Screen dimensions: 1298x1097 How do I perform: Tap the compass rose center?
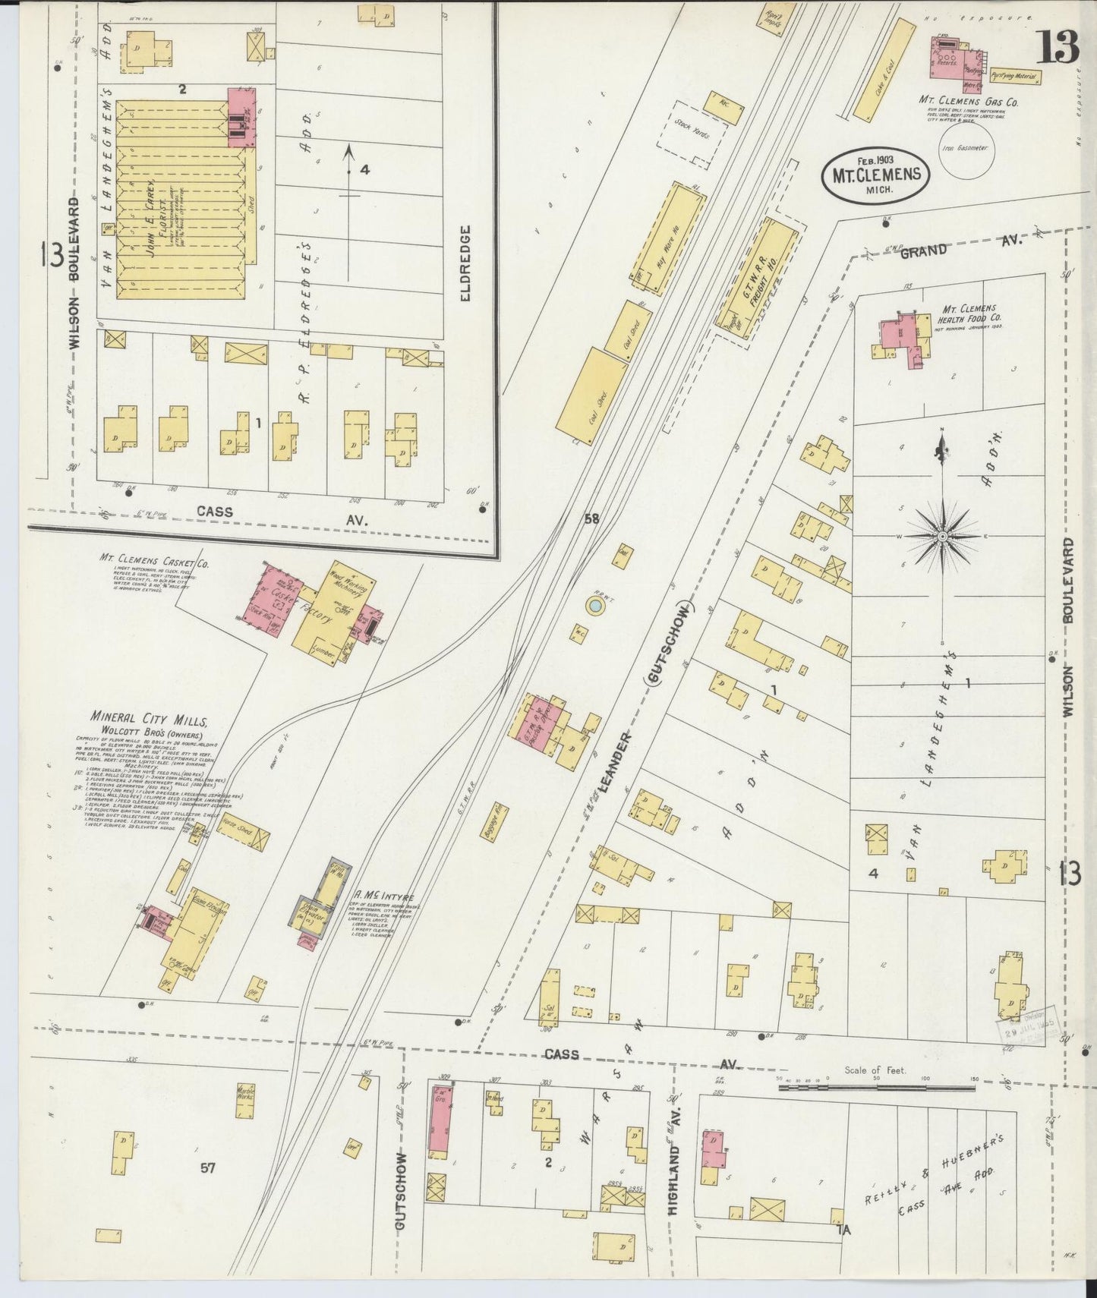pos(942,536)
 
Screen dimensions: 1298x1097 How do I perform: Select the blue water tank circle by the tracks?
pos(596,606)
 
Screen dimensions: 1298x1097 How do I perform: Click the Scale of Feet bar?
pos(876,1088)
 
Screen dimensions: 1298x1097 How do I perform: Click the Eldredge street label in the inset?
pos(465,263)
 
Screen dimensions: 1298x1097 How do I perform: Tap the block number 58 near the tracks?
pos(591,519)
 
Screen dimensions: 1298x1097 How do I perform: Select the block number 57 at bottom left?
pos(207,1167)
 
